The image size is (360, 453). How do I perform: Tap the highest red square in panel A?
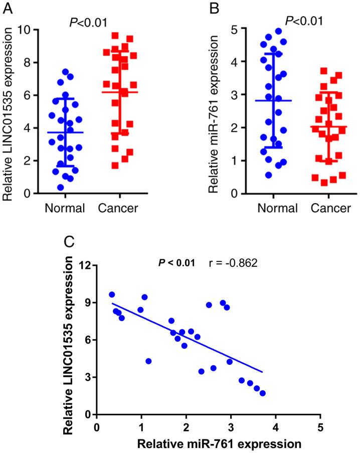[114, 36]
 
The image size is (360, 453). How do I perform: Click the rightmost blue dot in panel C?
[263, 393]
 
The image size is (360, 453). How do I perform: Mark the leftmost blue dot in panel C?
[112, 294]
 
